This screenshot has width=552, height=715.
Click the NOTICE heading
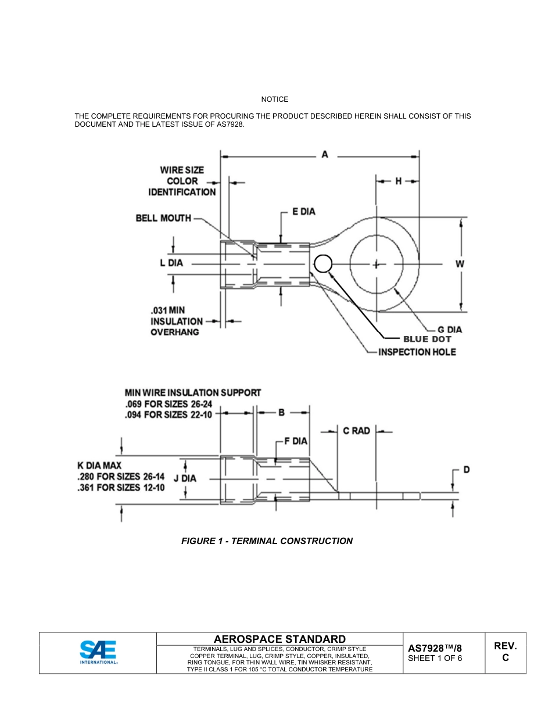(x=275, y=99)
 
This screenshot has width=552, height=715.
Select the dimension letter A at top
(x=325, y=155)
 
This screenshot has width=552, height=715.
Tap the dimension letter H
(x=399, y=181)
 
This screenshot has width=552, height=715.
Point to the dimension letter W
(x=460, y=263)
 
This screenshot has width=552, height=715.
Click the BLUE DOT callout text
(x=427, y=339)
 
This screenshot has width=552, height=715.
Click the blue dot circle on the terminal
(x=322, y=264)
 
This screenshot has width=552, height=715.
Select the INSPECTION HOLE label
(x=417, y=352)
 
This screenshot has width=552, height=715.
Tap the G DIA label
(x=450, y=330)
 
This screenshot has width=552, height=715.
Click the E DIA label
(x=303, y=212)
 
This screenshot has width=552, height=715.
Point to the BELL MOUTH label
(x=163, y=218)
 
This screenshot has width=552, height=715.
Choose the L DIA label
(x=171, y=263)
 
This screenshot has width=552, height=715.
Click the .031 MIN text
(x=168, y=310)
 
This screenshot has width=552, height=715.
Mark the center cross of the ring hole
(x=377, y=264)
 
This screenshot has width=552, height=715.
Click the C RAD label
(x=356, y=431)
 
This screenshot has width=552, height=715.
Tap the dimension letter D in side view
(x=466, y=470)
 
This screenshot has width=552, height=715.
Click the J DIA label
(x=185, y=478)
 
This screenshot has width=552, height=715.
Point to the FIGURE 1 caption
(x=267, y=541)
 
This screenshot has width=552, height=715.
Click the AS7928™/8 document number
(x=435, y=648)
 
